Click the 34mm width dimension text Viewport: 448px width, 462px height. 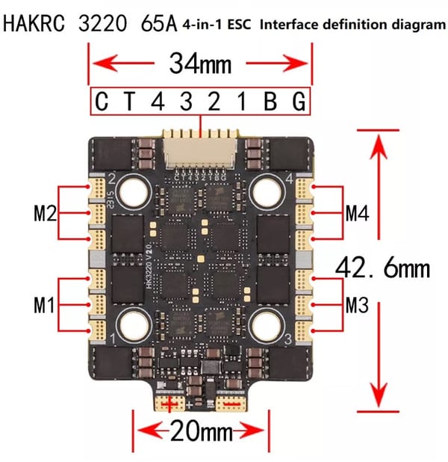pyautogui.click(x=199, y=64)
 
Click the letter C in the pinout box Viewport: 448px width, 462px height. pyautogui.click(x=102, y=102)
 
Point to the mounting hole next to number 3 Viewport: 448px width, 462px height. pyautogui.click(x=267, y=325)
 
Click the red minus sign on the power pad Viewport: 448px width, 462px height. pyautogui.click(x=232, y=404)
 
